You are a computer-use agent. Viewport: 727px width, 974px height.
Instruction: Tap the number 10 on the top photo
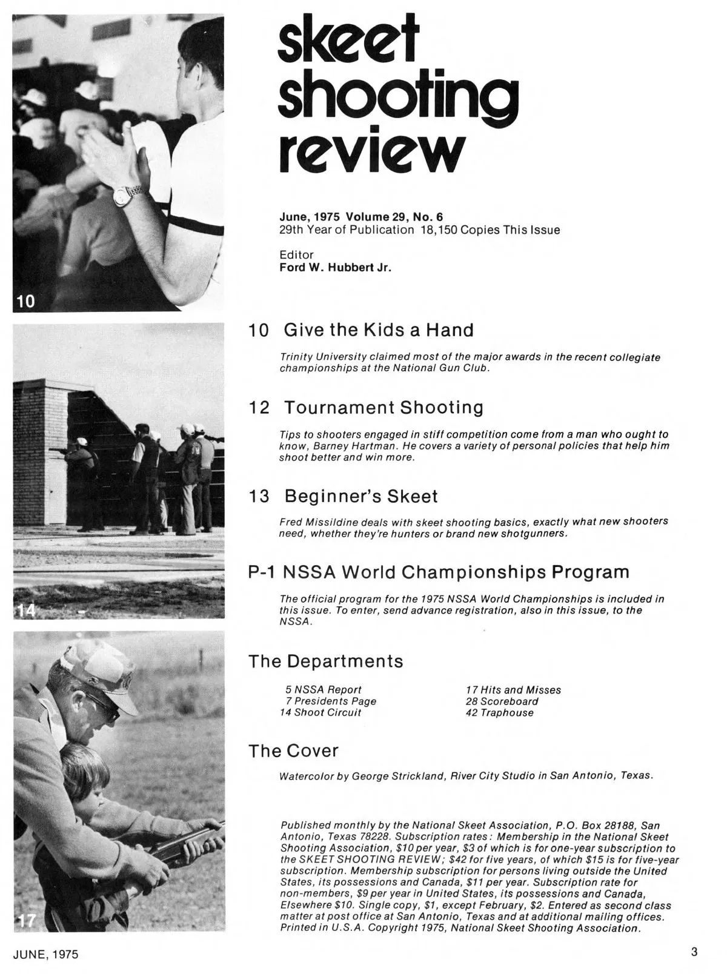pos(25,300)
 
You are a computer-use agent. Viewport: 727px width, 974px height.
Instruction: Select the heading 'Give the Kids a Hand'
pos(379,330)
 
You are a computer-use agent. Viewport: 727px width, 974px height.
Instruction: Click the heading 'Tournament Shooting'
pos(383,408)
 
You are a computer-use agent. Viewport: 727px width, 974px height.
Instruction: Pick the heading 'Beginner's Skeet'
pos(360,497)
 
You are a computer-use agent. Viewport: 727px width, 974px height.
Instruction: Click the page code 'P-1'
pos(262,572)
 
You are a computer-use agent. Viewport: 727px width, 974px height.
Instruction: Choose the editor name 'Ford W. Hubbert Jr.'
pos(335,267)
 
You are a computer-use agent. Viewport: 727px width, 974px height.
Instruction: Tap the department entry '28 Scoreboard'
pos(502,701)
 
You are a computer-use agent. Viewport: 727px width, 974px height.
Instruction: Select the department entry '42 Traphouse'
pos(500,713)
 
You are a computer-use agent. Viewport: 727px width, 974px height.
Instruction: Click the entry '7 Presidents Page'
pos(331,701)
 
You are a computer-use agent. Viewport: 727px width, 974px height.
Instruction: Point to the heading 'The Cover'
pos(293,751)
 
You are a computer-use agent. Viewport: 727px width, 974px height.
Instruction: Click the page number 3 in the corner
pos(694,952)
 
